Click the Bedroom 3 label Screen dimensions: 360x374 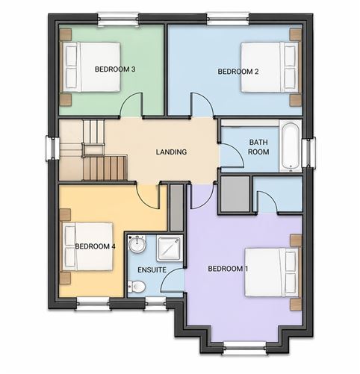coord(115,69)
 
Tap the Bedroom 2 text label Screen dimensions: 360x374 coord(238,72)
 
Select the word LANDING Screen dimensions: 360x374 coord(171,152)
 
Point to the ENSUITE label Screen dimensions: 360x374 coord(152,269)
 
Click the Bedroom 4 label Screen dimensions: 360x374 coord(95,246)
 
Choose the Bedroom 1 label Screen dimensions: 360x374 coord(228,269)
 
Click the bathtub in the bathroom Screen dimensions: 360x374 coord(291,146)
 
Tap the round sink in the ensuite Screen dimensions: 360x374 coord(137,244)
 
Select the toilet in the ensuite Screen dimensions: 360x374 coord(137,287)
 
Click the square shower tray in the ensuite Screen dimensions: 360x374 coord(170,249)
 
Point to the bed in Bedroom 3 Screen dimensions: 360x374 coord(92,66)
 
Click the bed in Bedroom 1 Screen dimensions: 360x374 coord(272,272)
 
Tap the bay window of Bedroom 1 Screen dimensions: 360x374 coord(245,348)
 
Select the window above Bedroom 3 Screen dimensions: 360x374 coord(118,19)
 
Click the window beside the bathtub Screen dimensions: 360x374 coord(308,152)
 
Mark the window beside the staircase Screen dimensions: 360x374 coord(52,149)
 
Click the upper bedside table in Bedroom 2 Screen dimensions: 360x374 coord(296,34)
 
